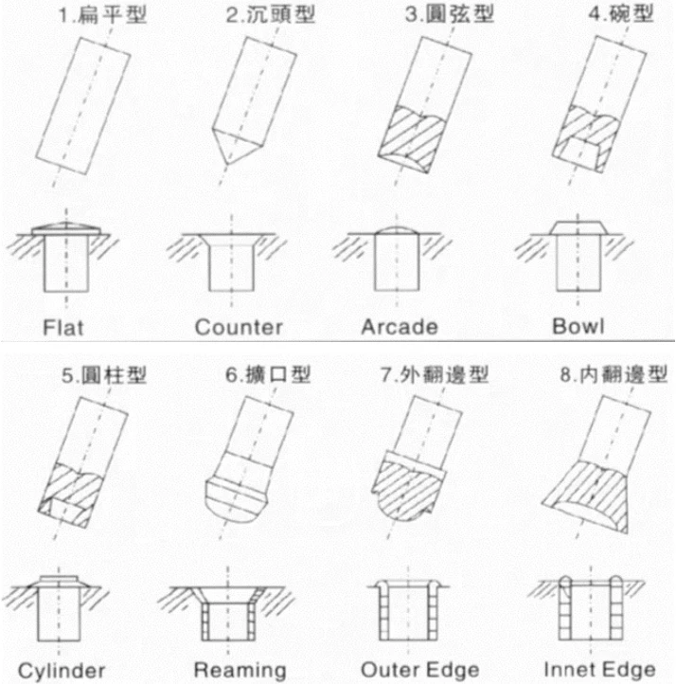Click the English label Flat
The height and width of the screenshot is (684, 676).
(x=62, y=327)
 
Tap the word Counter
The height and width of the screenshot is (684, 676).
(x=239, y=327)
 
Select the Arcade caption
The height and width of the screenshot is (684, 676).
(x=400, y=327)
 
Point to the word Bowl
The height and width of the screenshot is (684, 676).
(x=578, y=326)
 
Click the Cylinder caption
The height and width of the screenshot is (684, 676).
(x=62, y=671)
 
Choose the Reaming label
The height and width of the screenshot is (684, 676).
(x=240, y=671)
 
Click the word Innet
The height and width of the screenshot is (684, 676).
(x=567, y=669)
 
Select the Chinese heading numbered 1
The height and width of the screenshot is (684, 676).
(x=102, y=15)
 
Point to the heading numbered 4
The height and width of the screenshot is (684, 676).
(x=621, y=14)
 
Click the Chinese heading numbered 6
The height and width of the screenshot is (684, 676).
(x=268, y=375)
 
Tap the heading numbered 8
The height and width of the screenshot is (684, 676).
(x=614, y=375)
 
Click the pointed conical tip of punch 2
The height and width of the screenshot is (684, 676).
(x=226, y=163)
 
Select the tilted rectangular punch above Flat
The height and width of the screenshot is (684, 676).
(x=82, y=106)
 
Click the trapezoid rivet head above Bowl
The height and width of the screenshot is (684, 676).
(x=578, y=227)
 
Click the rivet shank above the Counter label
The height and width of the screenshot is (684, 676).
(x=231, y=267)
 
